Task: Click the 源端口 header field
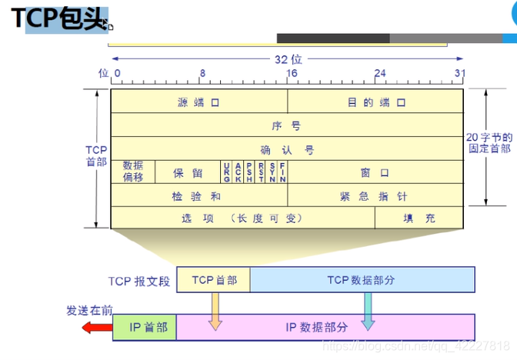[x=198, y=102]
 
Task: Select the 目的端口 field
[x=375, y=102]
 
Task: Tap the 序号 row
[x=286, y=125]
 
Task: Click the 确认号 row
[x=286, y=149]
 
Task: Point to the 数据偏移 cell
[x=133, y=172]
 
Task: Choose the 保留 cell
[x=188, y=172]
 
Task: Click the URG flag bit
[x=226, y=172]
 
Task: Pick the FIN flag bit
[x=283, y=172]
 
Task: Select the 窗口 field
[x=375, y=172]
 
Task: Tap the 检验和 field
[x=198, y=196]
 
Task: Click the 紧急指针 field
[x=375, y=196]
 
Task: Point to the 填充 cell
[x=419, y=218]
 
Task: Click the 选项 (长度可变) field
[x=242, y=218]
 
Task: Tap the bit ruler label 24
[x=380, y=74]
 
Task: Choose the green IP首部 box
[x=145, y=327]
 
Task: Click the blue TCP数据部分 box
[x=362, y=280]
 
